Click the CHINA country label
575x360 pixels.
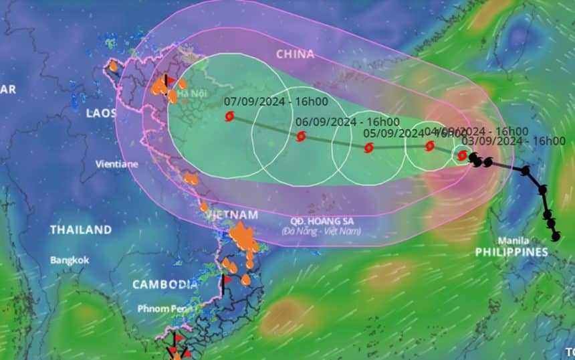pos(294,54)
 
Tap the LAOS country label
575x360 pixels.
pos(101,113)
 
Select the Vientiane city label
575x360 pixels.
pos(117,163)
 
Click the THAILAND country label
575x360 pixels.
pos(80,230)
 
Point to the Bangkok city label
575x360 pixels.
pos(70,260)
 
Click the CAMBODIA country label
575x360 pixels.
pos(164,284)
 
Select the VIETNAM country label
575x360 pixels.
pos(232,215)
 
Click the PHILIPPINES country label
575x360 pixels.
pos(511,252)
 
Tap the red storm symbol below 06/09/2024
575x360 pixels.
pos(301,137)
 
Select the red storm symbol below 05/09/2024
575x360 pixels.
pos(368,148)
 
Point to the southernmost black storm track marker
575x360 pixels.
pos(555,236)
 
